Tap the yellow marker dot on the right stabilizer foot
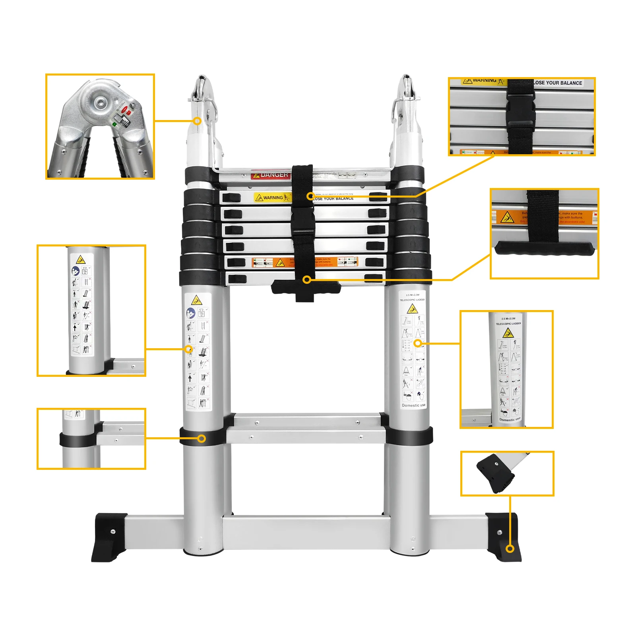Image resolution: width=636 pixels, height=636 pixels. (x=510, y=549)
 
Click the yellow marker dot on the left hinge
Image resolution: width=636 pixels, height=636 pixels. (x=197, y=121)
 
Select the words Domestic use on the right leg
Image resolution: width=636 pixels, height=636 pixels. (x=413, y=405)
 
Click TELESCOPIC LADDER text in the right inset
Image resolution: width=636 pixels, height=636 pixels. (x=508, y=324)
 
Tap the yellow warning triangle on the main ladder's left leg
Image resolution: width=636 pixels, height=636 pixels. (x=196, y=300)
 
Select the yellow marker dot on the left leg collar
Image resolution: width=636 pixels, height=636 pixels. (x=202, y=438)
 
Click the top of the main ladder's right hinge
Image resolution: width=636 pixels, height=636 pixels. (x=405, y=79)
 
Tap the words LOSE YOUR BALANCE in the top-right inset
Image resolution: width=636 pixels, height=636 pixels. (x=558, y=83)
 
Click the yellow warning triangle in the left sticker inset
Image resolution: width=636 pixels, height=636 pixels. (x=81, y=260)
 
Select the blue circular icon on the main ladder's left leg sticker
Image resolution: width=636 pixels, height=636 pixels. (x=191, y=313)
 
